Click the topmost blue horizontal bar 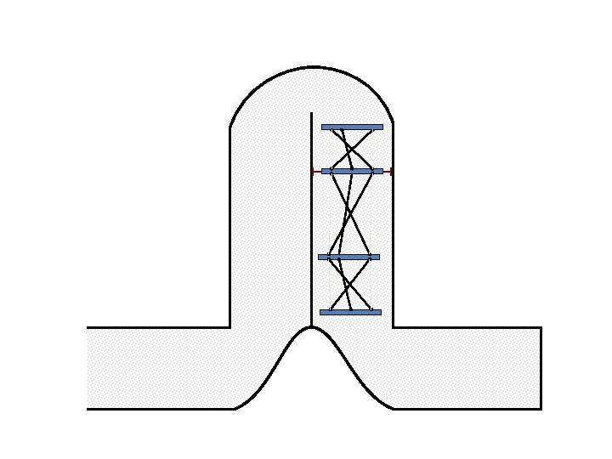[x=352, y=127]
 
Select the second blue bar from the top [x=352, y=171]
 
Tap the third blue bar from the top [x=348, y=257]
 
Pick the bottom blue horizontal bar [x=350, y=312]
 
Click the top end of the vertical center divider [x=311, y=113]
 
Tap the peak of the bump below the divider [x=311, y=327]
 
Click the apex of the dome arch [x=312, y=66]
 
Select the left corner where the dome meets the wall [x=230, y=127]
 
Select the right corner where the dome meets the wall [x=393, y=124]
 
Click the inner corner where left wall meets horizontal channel [x=230, y=327]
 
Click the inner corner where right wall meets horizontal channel [x=393, y=327]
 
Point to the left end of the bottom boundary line [x=88, y=409]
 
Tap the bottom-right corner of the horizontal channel [x=541, y=409]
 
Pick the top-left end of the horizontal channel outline [x=88, y=327]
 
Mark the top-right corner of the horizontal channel [x=541, y=327]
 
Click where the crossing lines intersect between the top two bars [x=351, y=150]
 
